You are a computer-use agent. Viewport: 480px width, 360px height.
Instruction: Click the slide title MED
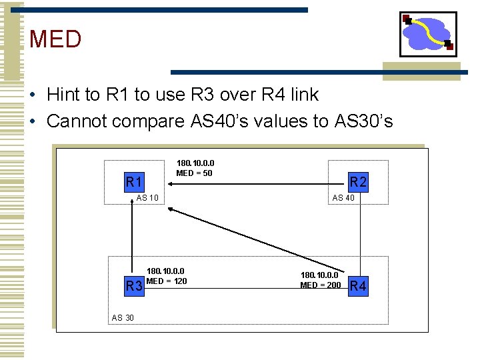pos(55,39)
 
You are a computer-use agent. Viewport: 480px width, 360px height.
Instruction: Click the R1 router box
pos(135,181)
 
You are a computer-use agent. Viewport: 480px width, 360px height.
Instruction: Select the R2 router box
pos(359,181)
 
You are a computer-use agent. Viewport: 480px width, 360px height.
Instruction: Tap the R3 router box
pos(135,287)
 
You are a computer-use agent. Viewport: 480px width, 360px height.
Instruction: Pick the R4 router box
pos(358,287)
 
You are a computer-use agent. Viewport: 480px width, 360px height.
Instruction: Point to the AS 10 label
pos(147,198)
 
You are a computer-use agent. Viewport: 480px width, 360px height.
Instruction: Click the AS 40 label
pos(343,198)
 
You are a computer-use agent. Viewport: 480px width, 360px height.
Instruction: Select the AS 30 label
pos(122,318)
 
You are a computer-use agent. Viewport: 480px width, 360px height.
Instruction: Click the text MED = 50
pos(194,174)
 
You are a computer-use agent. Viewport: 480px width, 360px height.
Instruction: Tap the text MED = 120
pos(167,281)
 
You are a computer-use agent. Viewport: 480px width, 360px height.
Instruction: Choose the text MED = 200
pos(320,285)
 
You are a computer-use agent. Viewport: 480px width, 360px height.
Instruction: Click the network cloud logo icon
pos(428,34)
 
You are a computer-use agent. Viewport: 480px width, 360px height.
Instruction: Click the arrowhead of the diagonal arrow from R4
pos(171,211)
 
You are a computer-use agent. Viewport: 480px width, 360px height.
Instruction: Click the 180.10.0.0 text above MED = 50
pos(195,163)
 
